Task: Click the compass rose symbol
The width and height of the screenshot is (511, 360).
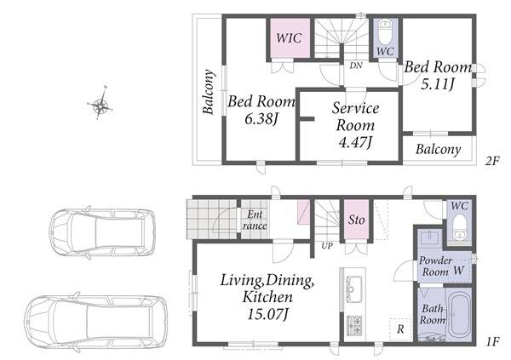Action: click(x=100, y=104)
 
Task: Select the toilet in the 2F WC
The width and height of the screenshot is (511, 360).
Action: click(x=385, y=32)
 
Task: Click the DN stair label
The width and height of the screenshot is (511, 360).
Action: click(x=356, y=66)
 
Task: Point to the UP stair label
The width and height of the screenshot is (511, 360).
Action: click(x=327, y=246)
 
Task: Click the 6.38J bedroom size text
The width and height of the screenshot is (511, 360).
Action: click(x=261, y=119)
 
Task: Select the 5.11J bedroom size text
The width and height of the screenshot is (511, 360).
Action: click(x=438, y=84)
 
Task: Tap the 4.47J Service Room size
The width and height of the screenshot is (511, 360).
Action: click(x=355, y=142)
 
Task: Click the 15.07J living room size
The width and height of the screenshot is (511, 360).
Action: click(x=268, y=314)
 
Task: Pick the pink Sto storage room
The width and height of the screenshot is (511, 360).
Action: click(x=357, y=220)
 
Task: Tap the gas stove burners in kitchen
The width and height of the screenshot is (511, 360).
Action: click(x=354, y=325)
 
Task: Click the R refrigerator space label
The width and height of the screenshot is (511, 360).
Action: click(x=400, y=329)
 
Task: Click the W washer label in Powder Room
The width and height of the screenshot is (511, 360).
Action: click(x=458, y=271)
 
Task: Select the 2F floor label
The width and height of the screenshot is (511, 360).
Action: click(x=492, y=161)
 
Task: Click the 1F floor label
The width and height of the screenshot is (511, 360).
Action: click(x=492, y=342)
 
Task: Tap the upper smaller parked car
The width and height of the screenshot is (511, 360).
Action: click(x=102, y=232)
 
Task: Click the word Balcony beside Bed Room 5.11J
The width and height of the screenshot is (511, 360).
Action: click(x=439, y=150)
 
